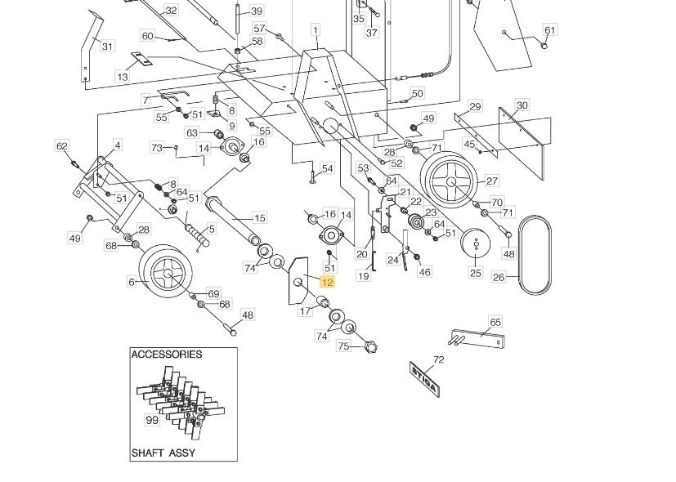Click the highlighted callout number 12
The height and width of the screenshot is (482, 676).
point(327,283)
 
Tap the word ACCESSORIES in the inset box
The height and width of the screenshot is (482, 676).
point(166,355)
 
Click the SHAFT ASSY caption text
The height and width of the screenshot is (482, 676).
point(163,453)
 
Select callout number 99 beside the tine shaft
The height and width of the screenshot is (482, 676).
point(151,420)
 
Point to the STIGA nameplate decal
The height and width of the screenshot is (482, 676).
point(424,377)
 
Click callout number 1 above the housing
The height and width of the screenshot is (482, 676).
point(315,30)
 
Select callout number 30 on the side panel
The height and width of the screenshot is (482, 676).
point(522,105)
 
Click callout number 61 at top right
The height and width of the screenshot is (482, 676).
point(550,30)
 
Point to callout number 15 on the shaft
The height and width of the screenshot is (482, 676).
point(260,218)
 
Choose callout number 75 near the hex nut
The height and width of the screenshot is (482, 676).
point(344,346)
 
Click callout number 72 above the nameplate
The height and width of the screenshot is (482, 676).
point(438,359)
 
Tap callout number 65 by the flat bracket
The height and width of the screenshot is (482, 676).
point(495,322)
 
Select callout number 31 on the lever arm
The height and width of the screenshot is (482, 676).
point(107,47)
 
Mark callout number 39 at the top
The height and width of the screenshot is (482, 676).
point(257,11)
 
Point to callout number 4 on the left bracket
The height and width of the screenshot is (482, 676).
point(117,145)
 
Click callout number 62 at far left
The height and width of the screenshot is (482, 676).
point(62,146)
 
